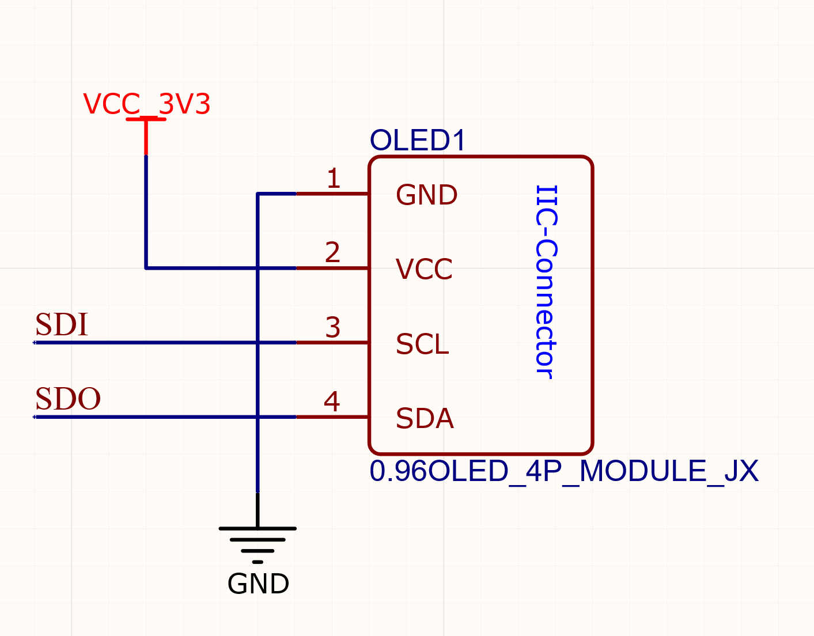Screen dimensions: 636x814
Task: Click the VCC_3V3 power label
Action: coord(146,104)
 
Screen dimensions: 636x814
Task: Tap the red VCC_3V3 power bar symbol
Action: coord(146,120)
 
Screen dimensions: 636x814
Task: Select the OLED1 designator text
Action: coord(418,141)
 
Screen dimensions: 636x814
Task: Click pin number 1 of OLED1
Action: coord(334,179)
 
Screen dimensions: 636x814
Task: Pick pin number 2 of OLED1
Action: coord(333,252)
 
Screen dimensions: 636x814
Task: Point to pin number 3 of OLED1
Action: coord(333,327)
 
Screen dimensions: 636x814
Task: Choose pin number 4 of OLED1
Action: coord(332,402)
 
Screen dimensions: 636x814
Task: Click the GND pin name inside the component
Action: coord(426,195)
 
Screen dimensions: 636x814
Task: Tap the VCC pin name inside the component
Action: coord(424,269)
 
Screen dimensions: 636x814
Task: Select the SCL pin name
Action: coord(422,344)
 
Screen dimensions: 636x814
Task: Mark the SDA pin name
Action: coord(425,419)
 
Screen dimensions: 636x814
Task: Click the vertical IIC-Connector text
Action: coord(546,282)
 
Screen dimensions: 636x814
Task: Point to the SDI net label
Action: coord(62,325)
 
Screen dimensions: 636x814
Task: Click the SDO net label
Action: coord(68,399)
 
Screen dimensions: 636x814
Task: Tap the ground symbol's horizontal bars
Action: coord(258,540)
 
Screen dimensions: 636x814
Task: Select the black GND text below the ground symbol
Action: coord(258,584)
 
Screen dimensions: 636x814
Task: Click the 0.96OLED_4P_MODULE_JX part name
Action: coord(563,471)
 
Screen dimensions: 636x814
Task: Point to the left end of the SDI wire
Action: coord(36,343)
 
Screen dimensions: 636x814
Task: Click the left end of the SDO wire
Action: coord(36,417)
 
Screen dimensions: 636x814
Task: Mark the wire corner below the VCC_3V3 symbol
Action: coord(146,268)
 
